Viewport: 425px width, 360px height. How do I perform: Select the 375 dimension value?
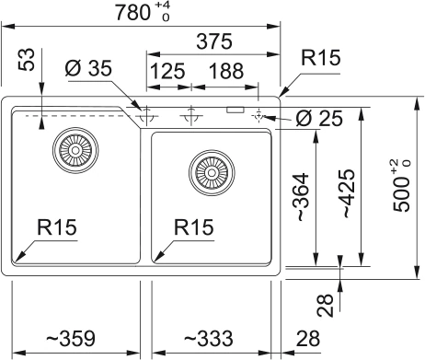(214, 41)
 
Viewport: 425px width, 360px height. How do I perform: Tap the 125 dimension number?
(168, 71)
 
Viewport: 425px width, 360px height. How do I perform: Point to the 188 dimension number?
(226, 71)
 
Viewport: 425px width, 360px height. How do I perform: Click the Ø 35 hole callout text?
(88, 68)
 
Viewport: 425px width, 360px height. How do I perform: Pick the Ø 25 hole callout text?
(319, 119)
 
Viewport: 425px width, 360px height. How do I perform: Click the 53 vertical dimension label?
(27, 60)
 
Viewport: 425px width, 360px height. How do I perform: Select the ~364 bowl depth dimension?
(302, 197)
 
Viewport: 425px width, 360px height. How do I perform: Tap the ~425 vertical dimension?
(349, 193)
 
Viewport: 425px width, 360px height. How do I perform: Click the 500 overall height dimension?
(401, 186)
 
